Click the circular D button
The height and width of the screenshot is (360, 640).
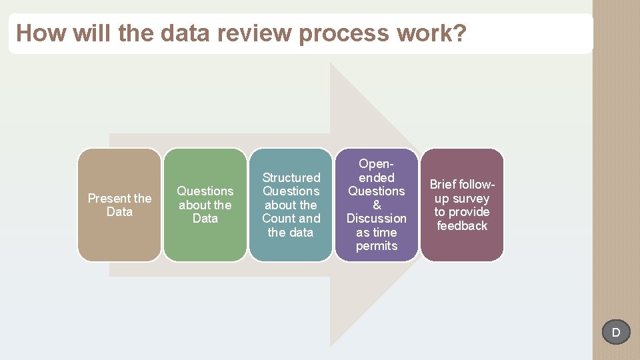[616, 332]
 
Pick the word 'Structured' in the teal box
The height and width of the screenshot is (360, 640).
[291, 177]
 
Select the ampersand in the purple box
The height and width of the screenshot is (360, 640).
[377, 205]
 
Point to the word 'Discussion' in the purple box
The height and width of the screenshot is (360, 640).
[377, 219]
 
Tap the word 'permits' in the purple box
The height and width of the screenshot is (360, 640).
[377, 246]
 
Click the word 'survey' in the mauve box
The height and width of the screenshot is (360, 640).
[471, 199]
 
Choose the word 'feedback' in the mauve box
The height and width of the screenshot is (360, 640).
[462, 226]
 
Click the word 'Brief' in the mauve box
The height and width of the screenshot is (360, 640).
[443, 185]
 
